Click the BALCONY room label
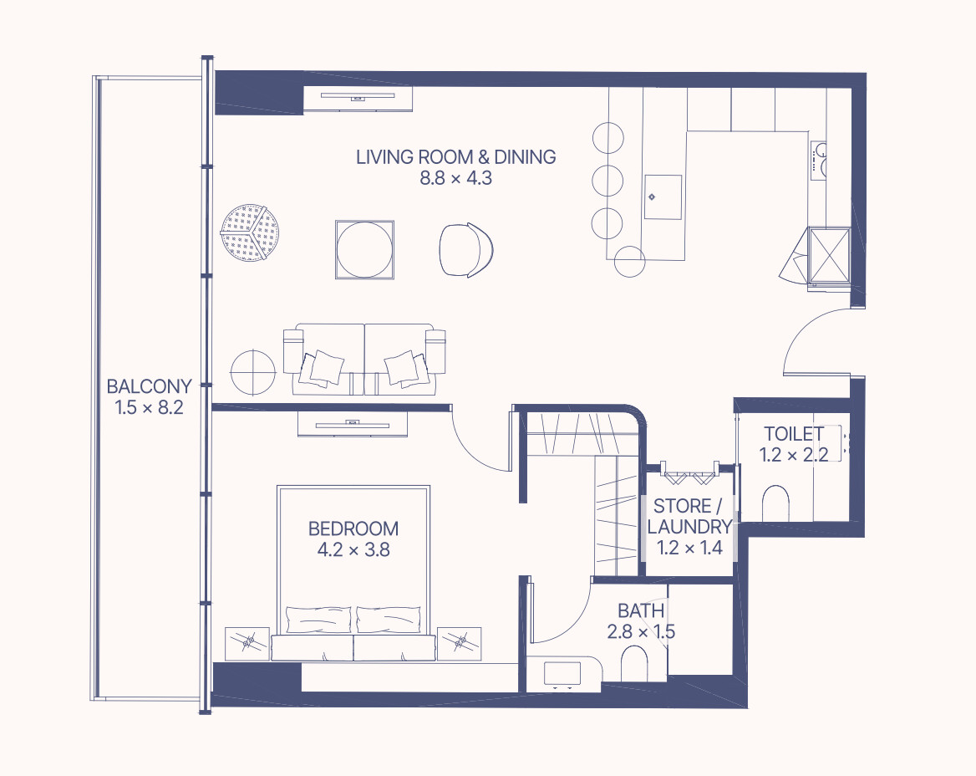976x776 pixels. click(149, 386)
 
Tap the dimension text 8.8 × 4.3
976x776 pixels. click(455, 178)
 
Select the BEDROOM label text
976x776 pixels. click(353, 528)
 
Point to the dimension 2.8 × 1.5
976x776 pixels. click(641, 631)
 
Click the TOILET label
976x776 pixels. click(794, 433)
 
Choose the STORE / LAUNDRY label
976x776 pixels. click(689, 516)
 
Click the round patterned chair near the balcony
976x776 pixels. click(250, 232)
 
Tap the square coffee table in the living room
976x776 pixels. click(364, 249)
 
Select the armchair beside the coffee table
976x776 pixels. click(466, 250)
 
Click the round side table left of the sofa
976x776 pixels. click(252, 372)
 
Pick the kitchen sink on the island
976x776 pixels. click(663, 197)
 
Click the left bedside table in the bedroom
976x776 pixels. click(247, 644)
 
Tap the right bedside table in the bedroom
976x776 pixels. click(460, 644)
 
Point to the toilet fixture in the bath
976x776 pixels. click(634, 664)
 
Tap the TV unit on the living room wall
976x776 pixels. click(358, 99)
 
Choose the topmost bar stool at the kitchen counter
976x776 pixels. click(608, 138)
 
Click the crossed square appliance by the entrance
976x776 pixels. click(828, 255)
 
